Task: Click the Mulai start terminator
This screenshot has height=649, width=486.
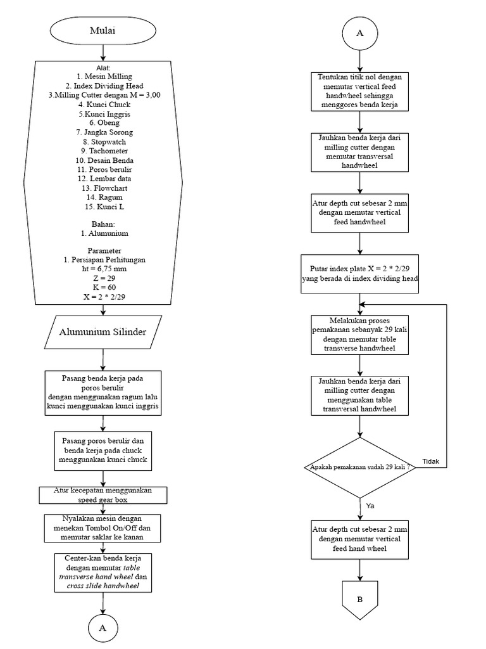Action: [x=103, y=30]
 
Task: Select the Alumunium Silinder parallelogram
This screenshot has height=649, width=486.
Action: [x=103, y=332]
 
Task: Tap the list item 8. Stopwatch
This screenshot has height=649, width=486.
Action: [x=103, y=142]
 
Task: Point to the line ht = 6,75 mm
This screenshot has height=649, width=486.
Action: [x=103, y=269]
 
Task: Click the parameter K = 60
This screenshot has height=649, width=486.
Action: [x=103, y=287]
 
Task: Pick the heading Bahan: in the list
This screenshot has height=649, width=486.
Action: [x=103, y=224]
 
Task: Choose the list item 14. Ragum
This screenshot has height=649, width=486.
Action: [x=103, y=197]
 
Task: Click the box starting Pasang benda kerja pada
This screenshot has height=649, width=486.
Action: [x=103, y=393]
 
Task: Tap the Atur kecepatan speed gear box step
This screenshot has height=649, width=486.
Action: [x=103, y=494]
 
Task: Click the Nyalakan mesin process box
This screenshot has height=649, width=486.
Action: [x=103, y=527]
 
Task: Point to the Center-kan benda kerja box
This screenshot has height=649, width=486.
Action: [x=103, y=572]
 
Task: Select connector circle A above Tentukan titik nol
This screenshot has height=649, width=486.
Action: [x=359, y=34]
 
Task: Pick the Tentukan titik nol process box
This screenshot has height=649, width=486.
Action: [x=359, y=91]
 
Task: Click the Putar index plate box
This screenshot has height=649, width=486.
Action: [x=359, y=274]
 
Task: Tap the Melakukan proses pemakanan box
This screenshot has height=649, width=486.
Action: [x=359, y=333]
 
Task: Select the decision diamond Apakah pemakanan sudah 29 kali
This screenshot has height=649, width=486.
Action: [x=359, y=468]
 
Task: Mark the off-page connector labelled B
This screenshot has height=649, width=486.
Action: [x=359, y=600]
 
